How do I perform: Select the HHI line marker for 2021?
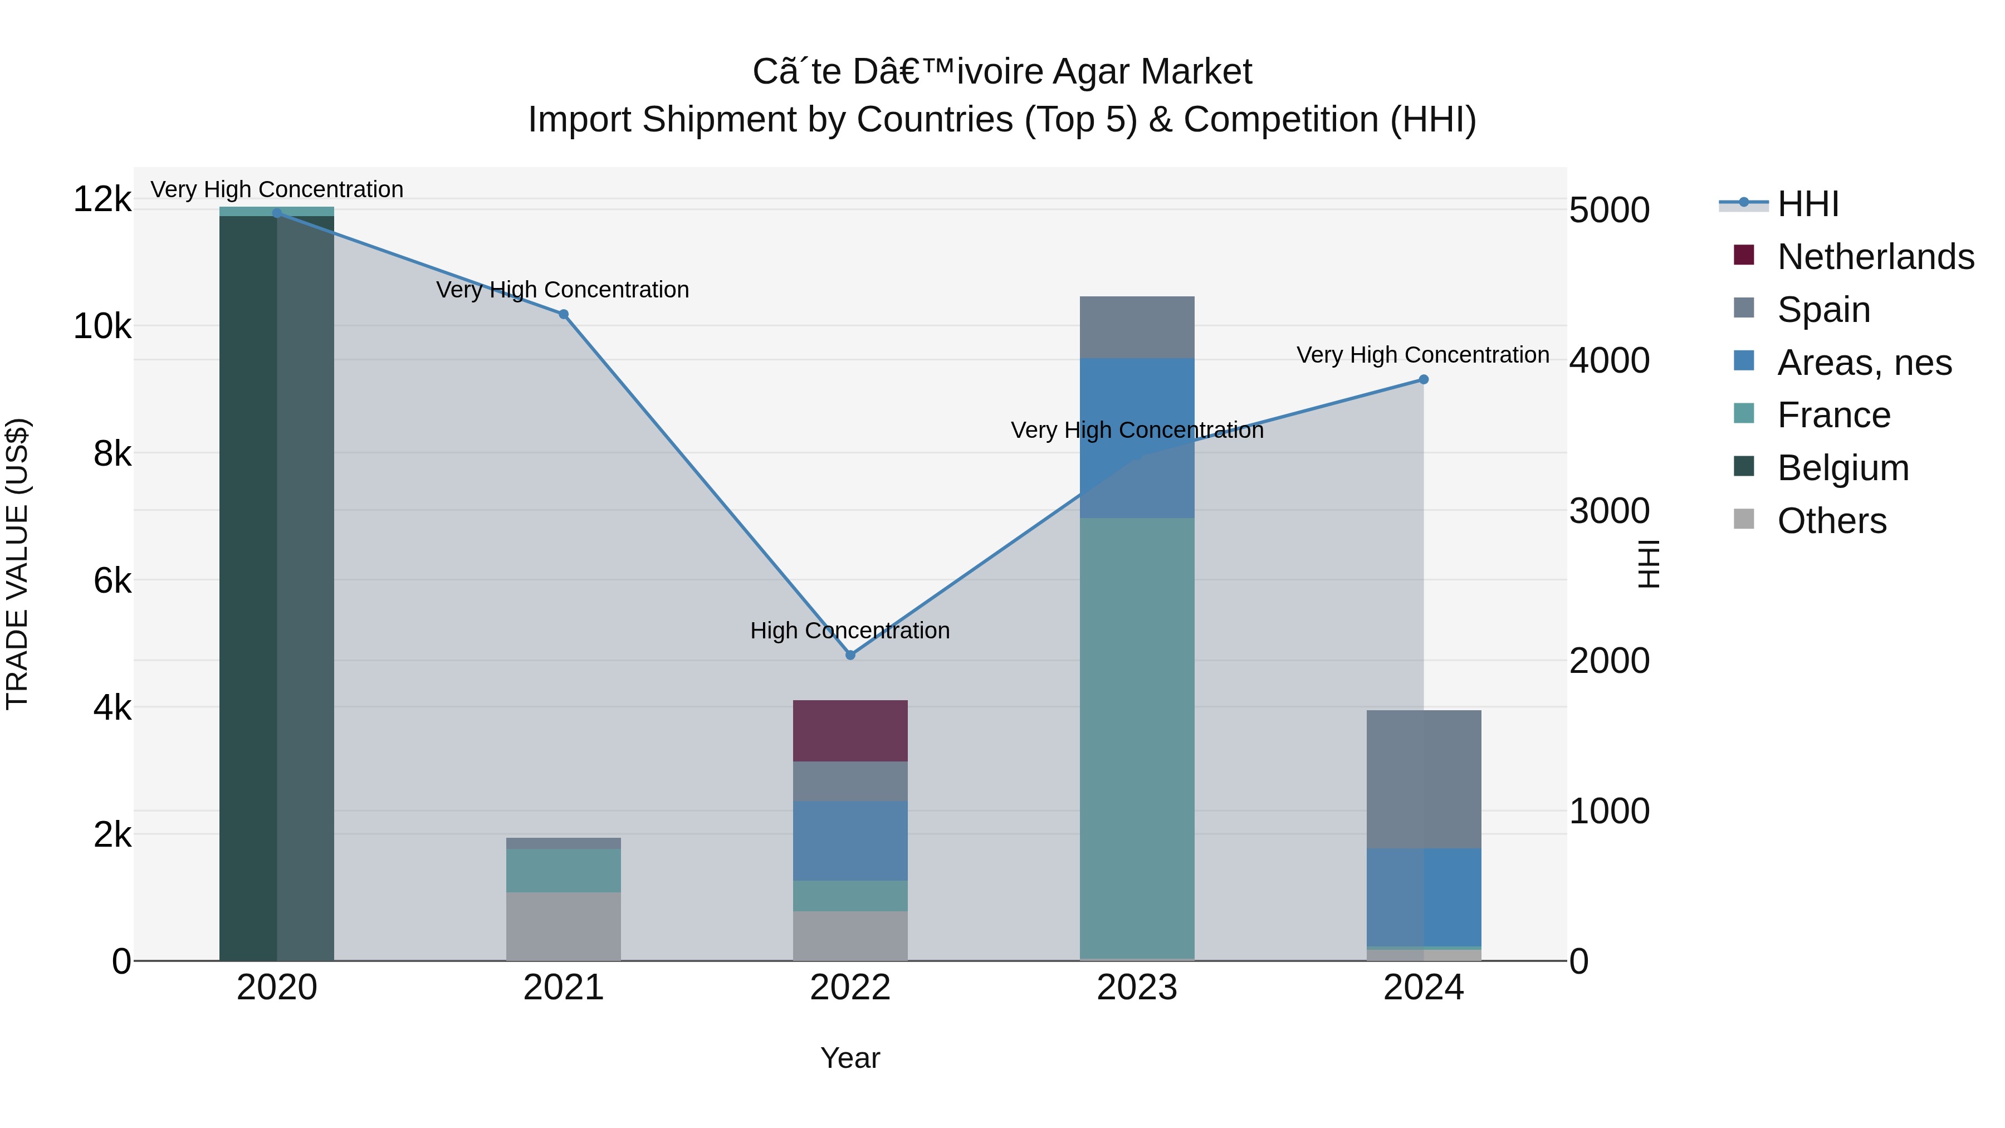click(564, 315)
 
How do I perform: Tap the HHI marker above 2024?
click(1424, 380)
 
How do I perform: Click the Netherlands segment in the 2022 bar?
click(850, 731)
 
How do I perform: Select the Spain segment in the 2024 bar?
click(1424, 779)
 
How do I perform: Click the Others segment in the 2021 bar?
click(564, 926)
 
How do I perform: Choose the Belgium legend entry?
click(1842, 468)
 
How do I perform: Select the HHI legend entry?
click(1807, 204)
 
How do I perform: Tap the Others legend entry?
click(1831, 521)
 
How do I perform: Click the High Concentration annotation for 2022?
click(850, 631)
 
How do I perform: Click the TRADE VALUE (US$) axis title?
click(18, 564)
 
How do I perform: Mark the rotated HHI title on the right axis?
click(1649, 564)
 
